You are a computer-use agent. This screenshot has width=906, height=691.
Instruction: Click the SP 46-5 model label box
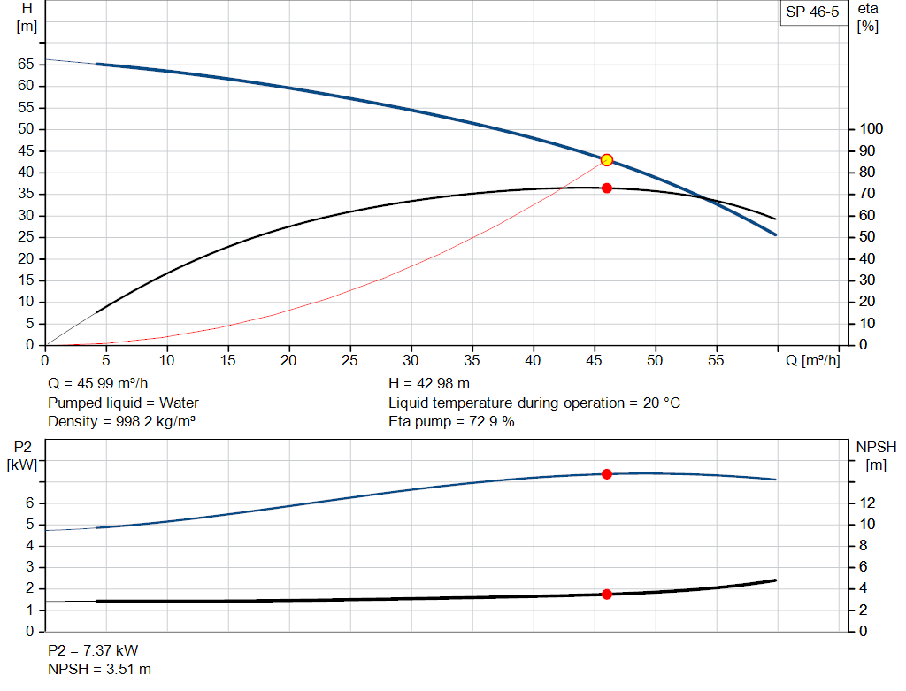(x=811, y=12)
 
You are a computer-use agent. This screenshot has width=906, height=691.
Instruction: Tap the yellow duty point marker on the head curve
(x=607, y=160)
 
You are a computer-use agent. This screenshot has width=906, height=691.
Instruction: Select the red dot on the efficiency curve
(x=607, y=188)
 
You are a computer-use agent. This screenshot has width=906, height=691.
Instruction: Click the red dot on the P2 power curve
(x=607, y=474)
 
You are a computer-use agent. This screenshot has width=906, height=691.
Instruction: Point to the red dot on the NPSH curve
(x=607, y=595)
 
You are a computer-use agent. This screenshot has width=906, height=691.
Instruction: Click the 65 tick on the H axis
(x=25, y=65)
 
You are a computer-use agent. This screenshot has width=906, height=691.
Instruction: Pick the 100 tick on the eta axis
(x=871, y=129)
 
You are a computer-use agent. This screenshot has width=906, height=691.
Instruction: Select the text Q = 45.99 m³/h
(x=99, y=384)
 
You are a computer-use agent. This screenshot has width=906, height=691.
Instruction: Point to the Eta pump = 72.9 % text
(x=451, y=421)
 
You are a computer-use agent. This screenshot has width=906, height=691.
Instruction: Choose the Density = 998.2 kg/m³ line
(x=121, y=421)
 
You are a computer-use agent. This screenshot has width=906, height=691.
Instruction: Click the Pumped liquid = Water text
(x=123, y=403)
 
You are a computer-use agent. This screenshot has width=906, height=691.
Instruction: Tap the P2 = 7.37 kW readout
(x=93, y=650)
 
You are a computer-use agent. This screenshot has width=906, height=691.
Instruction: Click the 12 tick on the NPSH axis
(x=866, y=503)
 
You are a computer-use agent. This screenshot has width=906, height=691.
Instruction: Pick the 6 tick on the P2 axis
(x=29, y=503)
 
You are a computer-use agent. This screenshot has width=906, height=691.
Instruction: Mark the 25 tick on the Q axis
(x=350, y=360)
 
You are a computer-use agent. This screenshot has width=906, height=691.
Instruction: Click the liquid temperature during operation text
(x=534, y=403)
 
